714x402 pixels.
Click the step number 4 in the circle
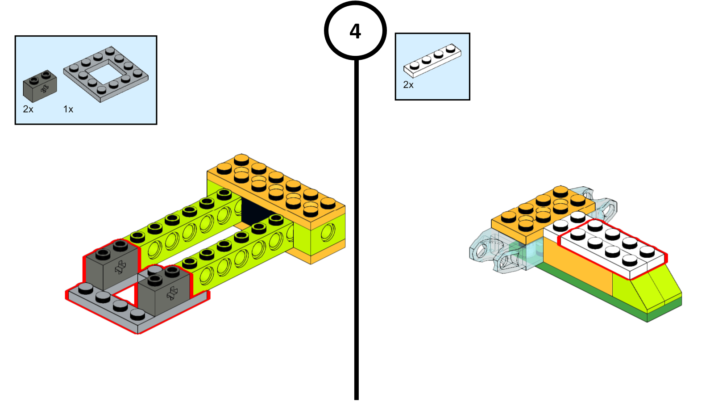pyautogui.click(x=355, y=31)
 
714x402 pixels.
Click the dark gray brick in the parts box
pyautogui.click(x=39, y=86)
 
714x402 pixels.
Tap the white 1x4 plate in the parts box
pyautogui.click(x=432, y=60)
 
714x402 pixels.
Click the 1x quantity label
pyautogui.click(x=68, y=109)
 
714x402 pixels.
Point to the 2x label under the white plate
pyautogui.click(x=408, y=85)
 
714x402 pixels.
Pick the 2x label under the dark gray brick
pyautogui.click(x=28, y=109)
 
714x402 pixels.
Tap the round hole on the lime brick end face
pyautogui.click(x=328, y=232)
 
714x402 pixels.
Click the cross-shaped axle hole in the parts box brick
pyautogui.click(x=45, y=89)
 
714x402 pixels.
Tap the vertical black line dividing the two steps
pyautogui.click(x=356, y=223)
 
